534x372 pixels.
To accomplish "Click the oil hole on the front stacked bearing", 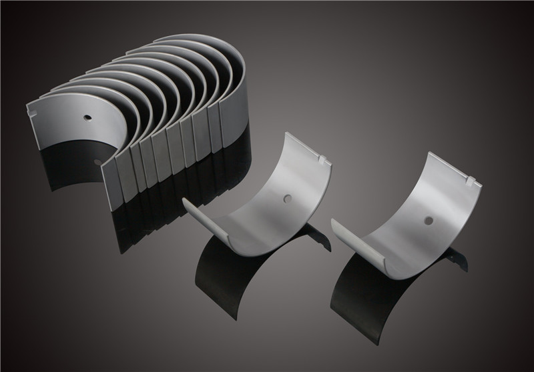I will [x=87, y=118].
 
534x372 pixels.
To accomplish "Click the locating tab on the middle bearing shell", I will [x=325, y=161].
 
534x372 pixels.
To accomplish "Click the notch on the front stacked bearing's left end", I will [x=30, y=108].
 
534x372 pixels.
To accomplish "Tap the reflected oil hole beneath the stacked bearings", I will [x=98, y=162].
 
